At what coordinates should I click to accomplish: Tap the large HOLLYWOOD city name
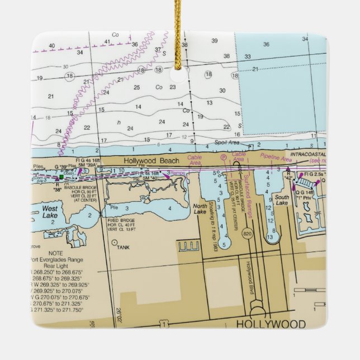[271, 324]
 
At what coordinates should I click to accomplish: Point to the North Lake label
[200, 208]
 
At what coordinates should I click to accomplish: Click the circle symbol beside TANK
[115, 243]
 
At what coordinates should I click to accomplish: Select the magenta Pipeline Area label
[276, 159]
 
